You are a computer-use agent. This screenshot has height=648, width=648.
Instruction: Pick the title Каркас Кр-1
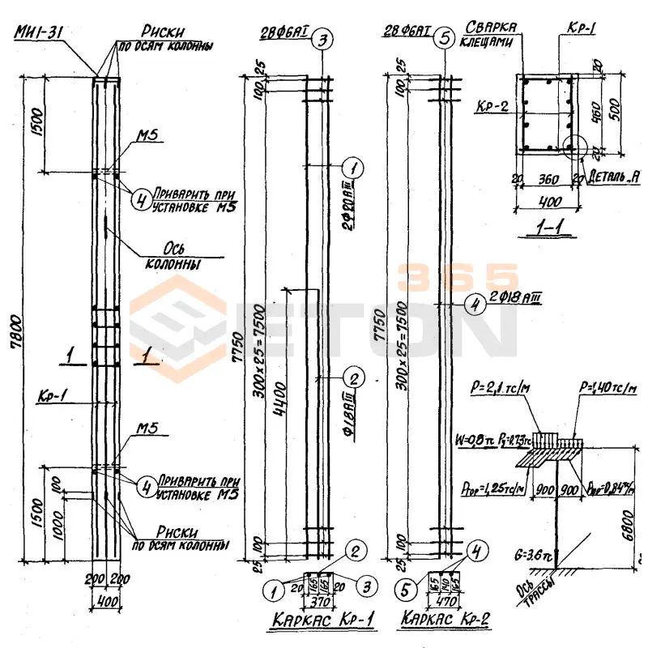[x=321, y=621]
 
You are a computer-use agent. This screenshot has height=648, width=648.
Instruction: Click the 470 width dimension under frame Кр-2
[x=445, y=602]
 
